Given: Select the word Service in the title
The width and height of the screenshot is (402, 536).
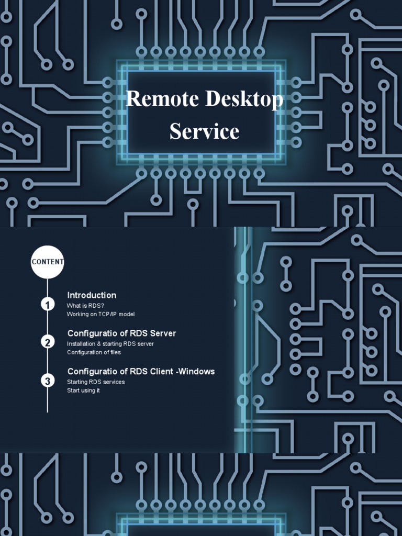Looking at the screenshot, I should [204, 131].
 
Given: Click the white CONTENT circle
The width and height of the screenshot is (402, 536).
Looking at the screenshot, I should [48, 261].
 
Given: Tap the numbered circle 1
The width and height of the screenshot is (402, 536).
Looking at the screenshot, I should [48, 304].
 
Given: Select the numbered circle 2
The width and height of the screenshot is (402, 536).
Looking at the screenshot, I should [48, 342].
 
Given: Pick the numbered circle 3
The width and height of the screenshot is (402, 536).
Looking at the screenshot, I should [48, 381].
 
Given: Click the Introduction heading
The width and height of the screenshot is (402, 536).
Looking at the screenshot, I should [92, 295].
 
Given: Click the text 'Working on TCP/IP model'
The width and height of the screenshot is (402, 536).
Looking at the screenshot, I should [100, 314].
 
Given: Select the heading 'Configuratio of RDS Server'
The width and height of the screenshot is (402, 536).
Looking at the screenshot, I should [121, 333].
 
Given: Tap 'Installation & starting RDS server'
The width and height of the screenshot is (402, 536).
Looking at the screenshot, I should [110, 344].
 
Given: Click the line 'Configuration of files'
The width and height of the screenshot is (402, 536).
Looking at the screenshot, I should [94, 352].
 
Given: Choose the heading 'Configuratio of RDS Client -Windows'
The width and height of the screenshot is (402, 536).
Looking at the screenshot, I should [141, 372].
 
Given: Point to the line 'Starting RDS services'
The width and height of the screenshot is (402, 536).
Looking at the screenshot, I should [96, 382].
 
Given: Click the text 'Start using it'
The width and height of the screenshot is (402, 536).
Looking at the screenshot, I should [83, 390].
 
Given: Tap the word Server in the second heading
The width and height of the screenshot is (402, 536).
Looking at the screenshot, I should [163, 333].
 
